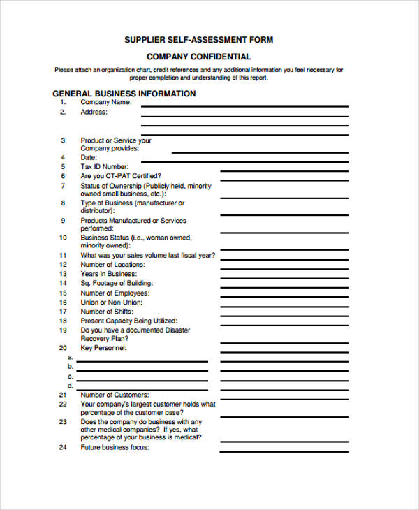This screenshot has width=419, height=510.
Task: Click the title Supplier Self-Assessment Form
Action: point(198,40)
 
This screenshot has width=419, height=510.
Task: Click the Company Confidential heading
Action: point(199,57)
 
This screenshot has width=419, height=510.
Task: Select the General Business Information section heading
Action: point(124,94)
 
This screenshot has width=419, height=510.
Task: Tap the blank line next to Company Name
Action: point(245,105)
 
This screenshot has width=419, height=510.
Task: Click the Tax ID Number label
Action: point(105,167)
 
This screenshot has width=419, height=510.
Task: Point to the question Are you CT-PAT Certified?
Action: point(121,176)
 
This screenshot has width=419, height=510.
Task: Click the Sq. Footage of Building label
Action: point(116,284)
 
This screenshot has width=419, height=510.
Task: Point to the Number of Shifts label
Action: point(107,312)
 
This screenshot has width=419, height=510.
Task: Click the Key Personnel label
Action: point(103,347)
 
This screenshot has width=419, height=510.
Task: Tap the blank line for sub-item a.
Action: point(142,360)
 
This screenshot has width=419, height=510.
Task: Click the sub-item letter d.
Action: point(70,385)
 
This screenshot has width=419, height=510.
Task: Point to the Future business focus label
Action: point(115,447)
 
